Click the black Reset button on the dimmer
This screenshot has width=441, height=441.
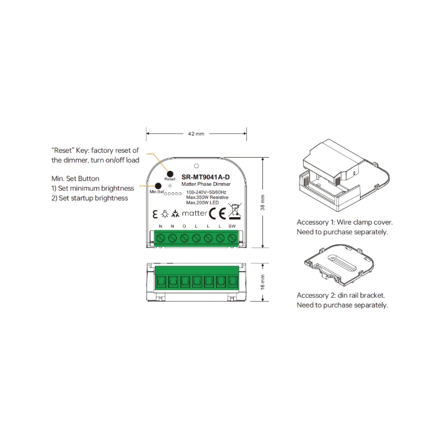pos(170,172)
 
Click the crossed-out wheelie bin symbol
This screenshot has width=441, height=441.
pos(234,211)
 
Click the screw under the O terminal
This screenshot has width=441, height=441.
pos(184,238)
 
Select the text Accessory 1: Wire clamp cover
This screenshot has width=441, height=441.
pos(345,222)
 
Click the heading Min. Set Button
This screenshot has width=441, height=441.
pos(75,179)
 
